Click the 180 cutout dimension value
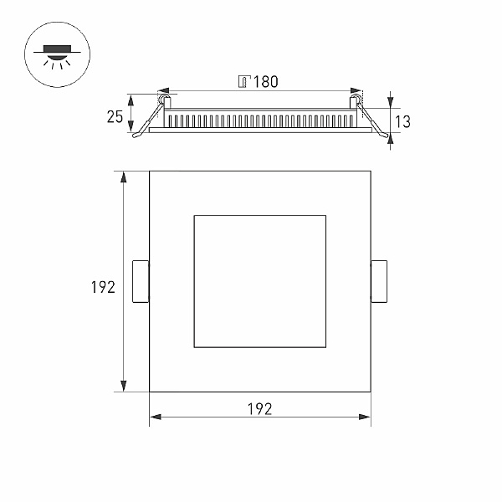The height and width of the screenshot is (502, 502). [x=266, y=82]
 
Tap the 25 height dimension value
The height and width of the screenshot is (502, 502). [x=115, y=117]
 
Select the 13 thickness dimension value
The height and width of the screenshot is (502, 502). [x=402, y=121]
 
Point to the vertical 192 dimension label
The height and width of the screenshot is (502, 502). [x=103, y=287]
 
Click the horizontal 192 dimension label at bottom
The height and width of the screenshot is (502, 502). [x=259, y=409]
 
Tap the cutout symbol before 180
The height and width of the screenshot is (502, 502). [x=244, y=81]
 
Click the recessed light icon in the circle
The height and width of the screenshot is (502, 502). [x=57, y=57]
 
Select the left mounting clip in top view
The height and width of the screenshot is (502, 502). [x=141, y=281]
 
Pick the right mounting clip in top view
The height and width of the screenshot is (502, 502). [x=379, y=281]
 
